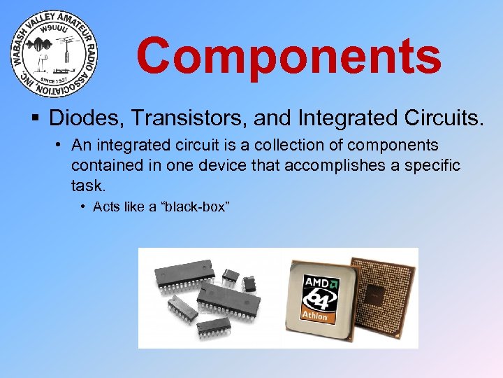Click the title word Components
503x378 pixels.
[x=289, y=56]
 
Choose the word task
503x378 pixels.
[x=87, y=185]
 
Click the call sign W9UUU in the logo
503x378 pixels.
[x=54, y=31]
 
